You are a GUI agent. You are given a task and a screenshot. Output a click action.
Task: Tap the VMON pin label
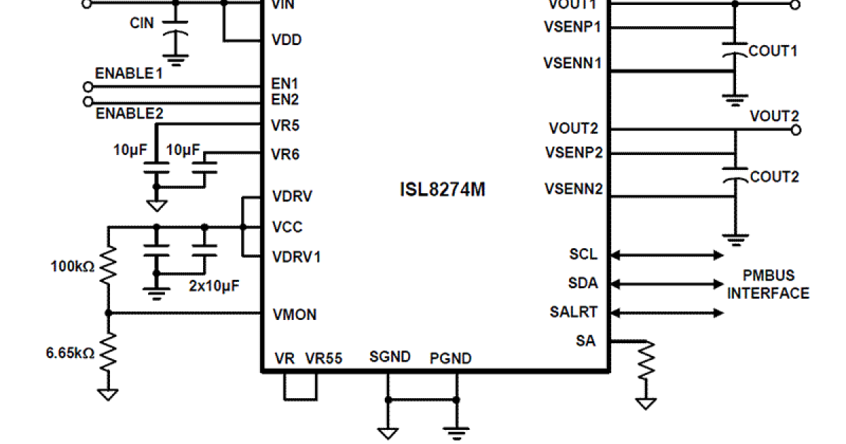tap(294, 314)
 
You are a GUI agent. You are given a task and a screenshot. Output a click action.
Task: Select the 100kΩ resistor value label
tap(73, 267)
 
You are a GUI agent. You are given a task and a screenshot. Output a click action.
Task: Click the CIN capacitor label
tap(142, 23)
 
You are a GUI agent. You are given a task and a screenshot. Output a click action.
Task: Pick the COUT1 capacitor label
tap(773, 51)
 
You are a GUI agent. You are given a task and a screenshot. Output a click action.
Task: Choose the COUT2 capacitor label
tap(774, 177)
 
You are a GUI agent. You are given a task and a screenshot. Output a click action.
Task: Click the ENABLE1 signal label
tap(129, 73)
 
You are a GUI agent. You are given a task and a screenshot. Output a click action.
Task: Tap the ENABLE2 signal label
tap(130, 113)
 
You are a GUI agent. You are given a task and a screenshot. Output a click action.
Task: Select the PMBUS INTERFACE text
tap(768, 284)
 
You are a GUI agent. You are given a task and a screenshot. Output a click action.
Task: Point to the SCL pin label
tap(583, 254)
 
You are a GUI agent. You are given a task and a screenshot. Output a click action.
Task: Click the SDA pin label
tap(583, 283)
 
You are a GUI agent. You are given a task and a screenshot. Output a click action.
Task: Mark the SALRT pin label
tap(574, 312)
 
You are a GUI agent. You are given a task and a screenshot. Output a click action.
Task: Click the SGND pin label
tap(390, 357)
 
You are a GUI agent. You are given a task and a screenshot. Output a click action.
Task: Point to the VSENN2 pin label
tap(573, 189)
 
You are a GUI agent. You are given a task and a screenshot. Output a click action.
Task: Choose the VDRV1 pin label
tap(296, 257)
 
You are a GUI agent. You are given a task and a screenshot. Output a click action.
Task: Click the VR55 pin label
tap(324, 358)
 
